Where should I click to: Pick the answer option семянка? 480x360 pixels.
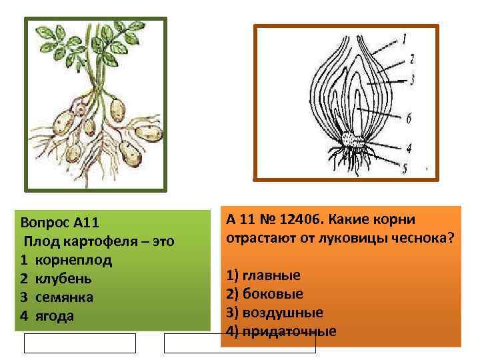pos(64,297)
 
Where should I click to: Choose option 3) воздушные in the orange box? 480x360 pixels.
pos(275,312)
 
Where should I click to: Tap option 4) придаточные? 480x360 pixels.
pos(281,331)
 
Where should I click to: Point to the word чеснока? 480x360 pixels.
pos(421,237)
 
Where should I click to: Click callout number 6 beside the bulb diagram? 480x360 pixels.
pos(408,117)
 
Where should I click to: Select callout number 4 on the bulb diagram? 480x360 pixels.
pos(408,148)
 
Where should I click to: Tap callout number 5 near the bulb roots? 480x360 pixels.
pos(405,167)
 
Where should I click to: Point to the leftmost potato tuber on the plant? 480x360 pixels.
pos(63,121)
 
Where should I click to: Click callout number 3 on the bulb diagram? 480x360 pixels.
pos(413,79)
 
